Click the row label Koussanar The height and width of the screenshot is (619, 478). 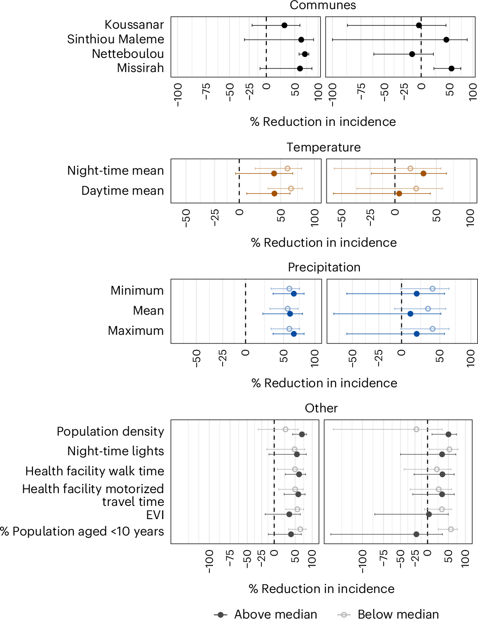click(x=134, y=25)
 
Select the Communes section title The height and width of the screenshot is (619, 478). click(x=322, y=5)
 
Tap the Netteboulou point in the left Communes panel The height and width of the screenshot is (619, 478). click(x=305, y=54)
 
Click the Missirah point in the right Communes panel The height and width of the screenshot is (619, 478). click(x=451, y=68)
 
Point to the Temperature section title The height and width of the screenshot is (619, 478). click(x=323, y=147)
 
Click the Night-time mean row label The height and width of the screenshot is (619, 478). click(x=115, y=171)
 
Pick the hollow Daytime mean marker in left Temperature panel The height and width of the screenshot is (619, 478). click(x=291, y=188)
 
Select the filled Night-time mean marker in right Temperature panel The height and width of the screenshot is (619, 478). click(x=423, y=173)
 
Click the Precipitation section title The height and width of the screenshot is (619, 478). click(x=324, y=267)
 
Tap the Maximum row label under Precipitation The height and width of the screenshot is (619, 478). click(x=135, y=331)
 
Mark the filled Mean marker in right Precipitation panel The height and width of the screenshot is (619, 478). click(x=410, y=314)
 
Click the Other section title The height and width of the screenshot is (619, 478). click(x=321, y=408)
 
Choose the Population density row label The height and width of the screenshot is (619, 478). click(x=110, y=432)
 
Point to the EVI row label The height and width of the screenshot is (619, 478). click(x=155, y=515)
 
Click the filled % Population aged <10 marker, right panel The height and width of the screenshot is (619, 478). click(x=416, y=534)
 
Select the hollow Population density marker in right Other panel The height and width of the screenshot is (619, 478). click(x=416, y=429)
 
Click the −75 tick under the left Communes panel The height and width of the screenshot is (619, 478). click(x=207, y=91)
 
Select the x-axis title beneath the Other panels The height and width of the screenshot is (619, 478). click(x=321, y=589)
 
